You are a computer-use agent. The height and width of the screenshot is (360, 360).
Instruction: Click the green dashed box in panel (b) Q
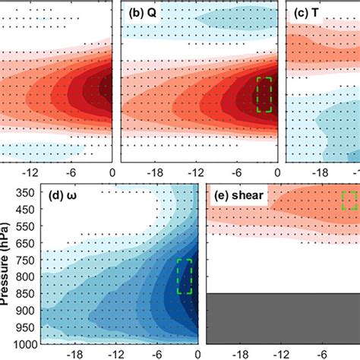coord(264,94)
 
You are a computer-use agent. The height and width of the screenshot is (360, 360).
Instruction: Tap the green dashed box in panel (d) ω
coord(185,276)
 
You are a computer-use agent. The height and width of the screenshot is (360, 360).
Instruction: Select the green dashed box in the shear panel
coord(349,201)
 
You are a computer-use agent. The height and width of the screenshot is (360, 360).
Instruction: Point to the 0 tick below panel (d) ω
coord(198,353)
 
